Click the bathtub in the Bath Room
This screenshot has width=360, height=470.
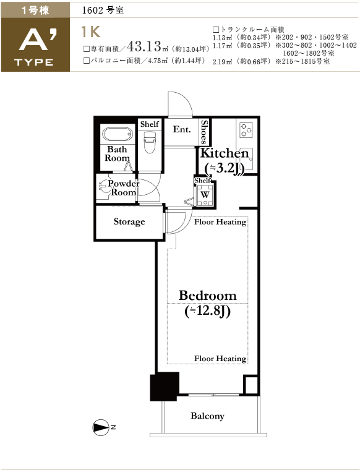pos(118,134)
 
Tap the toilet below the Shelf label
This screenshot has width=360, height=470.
pos(149,143)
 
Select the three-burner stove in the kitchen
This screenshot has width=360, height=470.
pos(246,130)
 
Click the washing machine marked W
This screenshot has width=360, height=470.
pos(205,195)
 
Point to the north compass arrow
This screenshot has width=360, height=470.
pos(101,427)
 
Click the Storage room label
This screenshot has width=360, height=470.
pos(129,222)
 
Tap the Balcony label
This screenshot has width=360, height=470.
pos(207,416)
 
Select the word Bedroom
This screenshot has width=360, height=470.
pos(207,296)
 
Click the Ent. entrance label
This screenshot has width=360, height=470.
pos(182,129)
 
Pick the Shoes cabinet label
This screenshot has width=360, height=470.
pos(204,132)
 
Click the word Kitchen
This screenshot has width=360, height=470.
pos(225,153)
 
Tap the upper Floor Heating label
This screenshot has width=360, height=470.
pos(220,222)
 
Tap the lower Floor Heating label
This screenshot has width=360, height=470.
pos(220,359)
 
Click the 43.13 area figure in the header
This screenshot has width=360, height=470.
pos(145,46)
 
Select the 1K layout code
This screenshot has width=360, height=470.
pos(91,32)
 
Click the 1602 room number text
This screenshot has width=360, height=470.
pos(92,11)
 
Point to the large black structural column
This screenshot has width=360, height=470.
pos(165,387)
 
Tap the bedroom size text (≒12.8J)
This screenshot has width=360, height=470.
pos(207,312)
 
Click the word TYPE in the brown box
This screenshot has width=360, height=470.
pos(34,62)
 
